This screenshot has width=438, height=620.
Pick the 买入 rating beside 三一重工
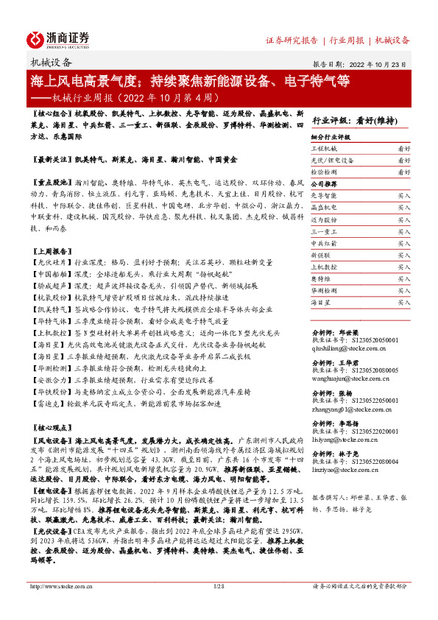click(x=403, y=230)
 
